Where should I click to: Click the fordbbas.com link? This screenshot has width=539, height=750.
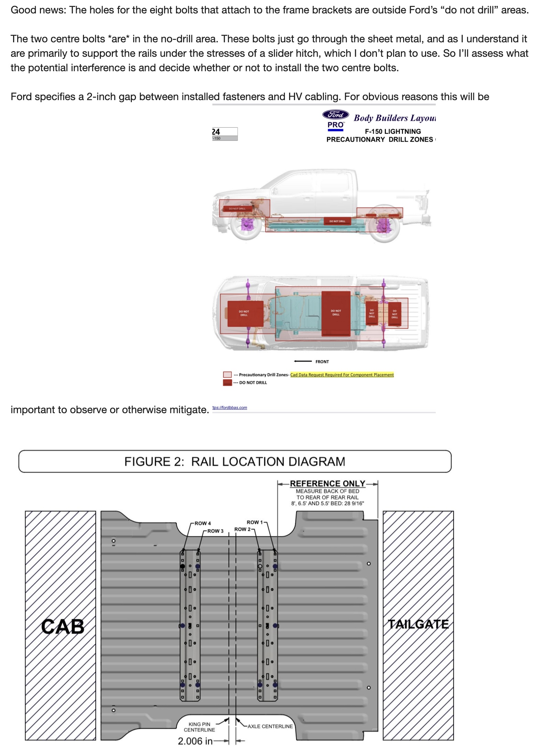pyautogui.click(x=230, y=408)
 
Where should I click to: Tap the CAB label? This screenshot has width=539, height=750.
pyautogui.click(x=63, y=626)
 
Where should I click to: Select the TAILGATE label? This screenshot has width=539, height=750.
pyautogui.click(x=418, y=624)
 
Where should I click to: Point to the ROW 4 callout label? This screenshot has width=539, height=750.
pyautogui.click(x=203, y=523)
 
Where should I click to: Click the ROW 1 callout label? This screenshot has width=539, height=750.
pyautogui.click(x=254, y=522)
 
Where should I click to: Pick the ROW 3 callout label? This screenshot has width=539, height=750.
pyautogui.click(x=215, y=531)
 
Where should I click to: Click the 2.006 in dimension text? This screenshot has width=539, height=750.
pyautogui.click(x=195, y=741)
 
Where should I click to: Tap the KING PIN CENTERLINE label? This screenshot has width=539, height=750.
pyautogui.click(x=199, y=727)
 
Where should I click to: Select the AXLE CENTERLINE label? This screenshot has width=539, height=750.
pyautogui.click(x=270, y=726)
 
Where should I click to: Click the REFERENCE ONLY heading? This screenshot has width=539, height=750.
pyautogui.click(x=327, y=483)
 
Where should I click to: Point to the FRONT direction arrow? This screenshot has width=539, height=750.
pyautogui.click(x=303, y=361)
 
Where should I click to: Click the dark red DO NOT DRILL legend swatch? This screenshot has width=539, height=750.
pyautogui.click(x=227, y=383)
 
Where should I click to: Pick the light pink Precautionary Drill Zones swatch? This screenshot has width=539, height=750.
pyautogui.click(x=227, y=375)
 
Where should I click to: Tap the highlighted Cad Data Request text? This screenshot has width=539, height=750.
pyautogui.click(x=342, y=375)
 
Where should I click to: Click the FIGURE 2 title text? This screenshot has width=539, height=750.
pyautogui.click(x=235, y=462)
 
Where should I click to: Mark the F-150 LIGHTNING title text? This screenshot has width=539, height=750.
pyautogui.click(x=393, y=131)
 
